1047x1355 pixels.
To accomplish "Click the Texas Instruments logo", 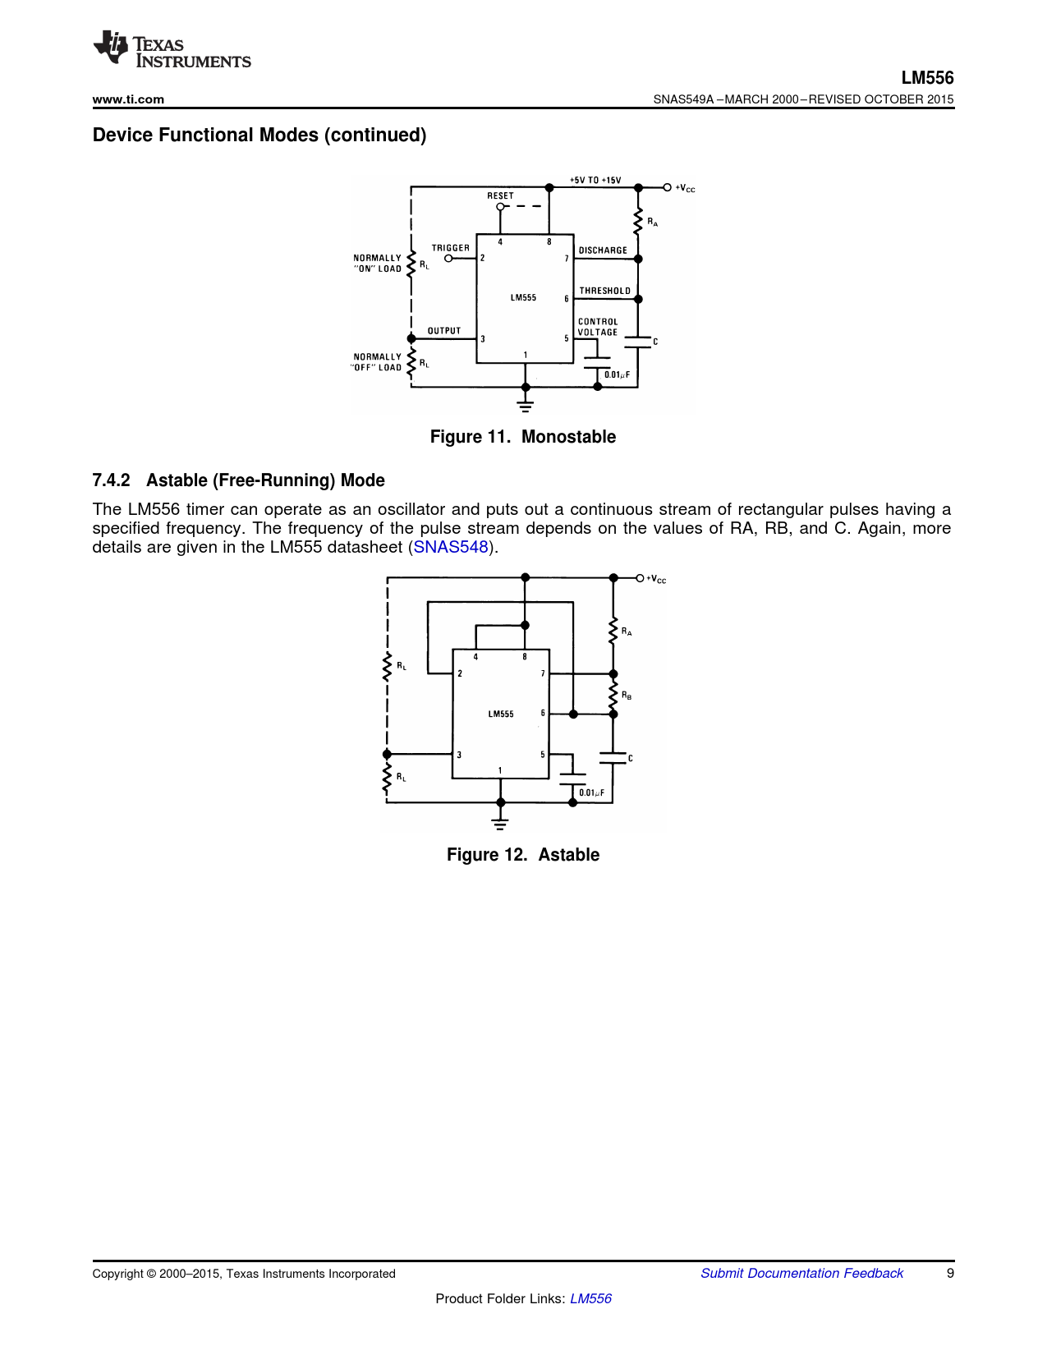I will (172, 49).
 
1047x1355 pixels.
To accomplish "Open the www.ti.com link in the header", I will (128, 99).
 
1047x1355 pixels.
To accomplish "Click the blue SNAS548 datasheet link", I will (451, 547).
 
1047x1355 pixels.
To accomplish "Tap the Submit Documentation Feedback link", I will (801, 1273).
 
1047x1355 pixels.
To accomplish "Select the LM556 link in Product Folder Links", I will (590, 1298).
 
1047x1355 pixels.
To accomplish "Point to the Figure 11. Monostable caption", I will (523, 437).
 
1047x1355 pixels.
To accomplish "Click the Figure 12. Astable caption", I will (523, 855).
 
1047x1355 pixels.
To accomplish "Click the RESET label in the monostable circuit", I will (500, 195).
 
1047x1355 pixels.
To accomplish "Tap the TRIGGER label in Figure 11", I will (451, 248).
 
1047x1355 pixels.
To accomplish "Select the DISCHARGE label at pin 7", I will (603, 250).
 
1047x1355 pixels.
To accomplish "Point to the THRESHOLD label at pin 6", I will (605, 291).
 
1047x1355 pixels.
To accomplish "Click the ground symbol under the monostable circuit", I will (526, 405).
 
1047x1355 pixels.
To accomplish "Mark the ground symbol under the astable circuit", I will (500, 823).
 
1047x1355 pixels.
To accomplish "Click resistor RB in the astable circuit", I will (613, 694).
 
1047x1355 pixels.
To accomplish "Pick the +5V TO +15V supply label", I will (595, 180).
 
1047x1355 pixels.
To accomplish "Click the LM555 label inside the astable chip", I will (501, 714).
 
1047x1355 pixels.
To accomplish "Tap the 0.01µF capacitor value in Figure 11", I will (617, 375).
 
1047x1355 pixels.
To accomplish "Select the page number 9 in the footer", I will (950, 1273).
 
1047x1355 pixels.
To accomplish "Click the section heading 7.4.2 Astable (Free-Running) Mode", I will (238, 480).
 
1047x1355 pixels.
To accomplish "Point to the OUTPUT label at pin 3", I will (444, 331).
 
